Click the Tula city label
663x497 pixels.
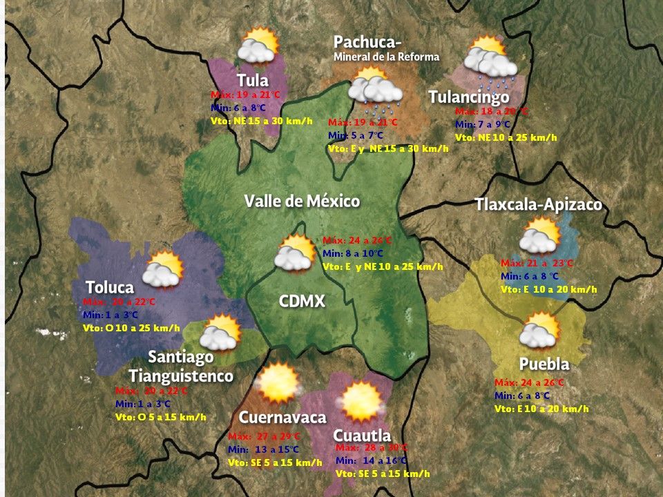253,80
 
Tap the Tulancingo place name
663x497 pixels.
469,97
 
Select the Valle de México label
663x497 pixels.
302,202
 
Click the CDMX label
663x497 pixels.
302,301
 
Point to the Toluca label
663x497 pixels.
109,287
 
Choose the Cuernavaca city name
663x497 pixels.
282,418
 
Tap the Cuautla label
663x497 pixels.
362,436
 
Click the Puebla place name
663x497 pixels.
544,364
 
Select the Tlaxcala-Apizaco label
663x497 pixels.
538,205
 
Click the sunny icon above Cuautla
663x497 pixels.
361,401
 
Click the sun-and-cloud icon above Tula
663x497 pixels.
258,46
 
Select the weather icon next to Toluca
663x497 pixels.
162,269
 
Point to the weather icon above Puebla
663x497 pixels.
539,330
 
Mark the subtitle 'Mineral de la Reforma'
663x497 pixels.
386,57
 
